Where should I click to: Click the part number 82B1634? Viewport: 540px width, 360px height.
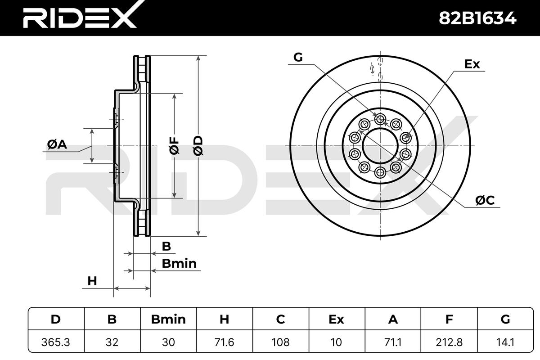477,18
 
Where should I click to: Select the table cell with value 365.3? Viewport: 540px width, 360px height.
56,342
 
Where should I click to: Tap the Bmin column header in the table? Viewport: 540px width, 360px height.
168,319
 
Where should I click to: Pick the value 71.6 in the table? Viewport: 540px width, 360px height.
225,342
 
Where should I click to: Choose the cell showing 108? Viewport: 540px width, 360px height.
281,342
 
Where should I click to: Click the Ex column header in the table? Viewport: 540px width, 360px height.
337,319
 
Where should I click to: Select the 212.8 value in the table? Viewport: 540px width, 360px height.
449,342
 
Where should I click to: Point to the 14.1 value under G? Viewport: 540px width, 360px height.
505,342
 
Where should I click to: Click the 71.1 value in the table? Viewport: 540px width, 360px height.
393,342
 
